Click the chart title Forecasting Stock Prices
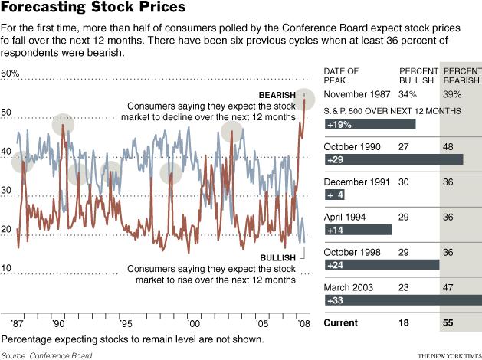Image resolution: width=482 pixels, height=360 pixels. (x=93, y=8)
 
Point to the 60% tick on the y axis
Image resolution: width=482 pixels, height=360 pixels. (x=11, y=74)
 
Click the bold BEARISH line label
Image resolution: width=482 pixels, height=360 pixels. (x=277, y=94)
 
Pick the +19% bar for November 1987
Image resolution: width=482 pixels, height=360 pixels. (x=369, y=123)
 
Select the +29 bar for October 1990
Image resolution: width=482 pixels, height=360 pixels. (x=393, y=159)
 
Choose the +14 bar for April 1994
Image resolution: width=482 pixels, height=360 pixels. (x=358, y=229)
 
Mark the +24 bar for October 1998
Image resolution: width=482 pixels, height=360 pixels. (x=382, y=265)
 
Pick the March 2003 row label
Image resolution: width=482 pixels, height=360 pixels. (x=349, y=287)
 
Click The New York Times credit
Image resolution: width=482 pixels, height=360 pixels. (x=444, y=355)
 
